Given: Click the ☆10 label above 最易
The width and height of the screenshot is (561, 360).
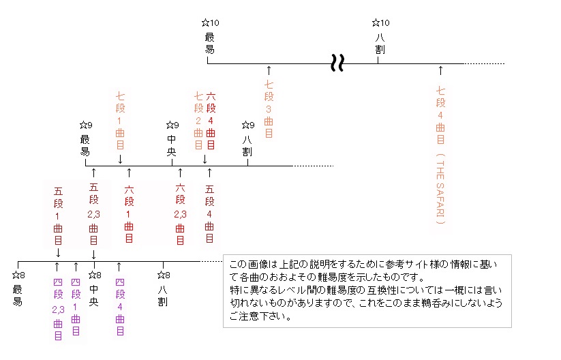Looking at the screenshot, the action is (x=211, y=23).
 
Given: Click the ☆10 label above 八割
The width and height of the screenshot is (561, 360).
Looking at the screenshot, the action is (x=380, y=23).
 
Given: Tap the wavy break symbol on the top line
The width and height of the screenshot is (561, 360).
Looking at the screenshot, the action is (x=337, y=63).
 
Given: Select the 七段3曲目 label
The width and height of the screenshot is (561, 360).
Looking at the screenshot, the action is (x=269, y=109).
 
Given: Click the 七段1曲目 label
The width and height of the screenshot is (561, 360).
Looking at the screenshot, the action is (x=120, y=121).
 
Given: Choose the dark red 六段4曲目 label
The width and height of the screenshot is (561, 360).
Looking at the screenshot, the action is (x=211, y=121).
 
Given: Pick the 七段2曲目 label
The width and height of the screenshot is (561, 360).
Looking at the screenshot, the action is (x=198, y=121).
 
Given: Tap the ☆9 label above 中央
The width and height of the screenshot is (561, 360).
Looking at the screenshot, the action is (x=172, y=125).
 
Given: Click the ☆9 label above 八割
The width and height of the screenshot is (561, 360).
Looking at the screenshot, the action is (x=248, y=125).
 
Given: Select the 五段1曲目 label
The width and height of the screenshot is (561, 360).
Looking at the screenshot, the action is (x=59, y=215).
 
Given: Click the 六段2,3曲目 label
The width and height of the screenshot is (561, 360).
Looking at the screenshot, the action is (x=181, y=214).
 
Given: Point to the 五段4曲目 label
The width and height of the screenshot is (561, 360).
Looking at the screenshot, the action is (x=210, y=213).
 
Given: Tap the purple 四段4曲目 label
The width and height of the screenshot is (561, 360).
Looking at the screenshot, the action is (x=120, y=307).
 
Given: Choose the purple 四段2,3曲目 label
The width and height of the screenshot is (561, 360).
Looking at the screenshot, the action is (x=59, y=309).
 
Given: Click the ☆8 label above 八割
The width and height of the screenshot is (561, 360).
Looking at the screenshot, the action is (x=164, y=275).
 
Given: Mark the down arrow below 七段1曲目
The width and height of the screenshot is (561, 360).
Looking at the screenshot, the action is (x=120, y=159).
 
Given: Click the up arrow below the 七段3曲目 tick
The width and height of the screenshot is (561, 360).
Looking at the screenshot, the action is (x=269, y=70).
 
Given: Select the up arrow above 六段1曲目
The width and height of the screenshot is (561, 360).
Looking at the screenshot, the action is (x=129, y=172).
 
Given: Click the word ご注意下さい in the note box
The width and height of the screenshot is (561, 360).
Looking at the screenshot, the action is (x=260, y=316).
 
